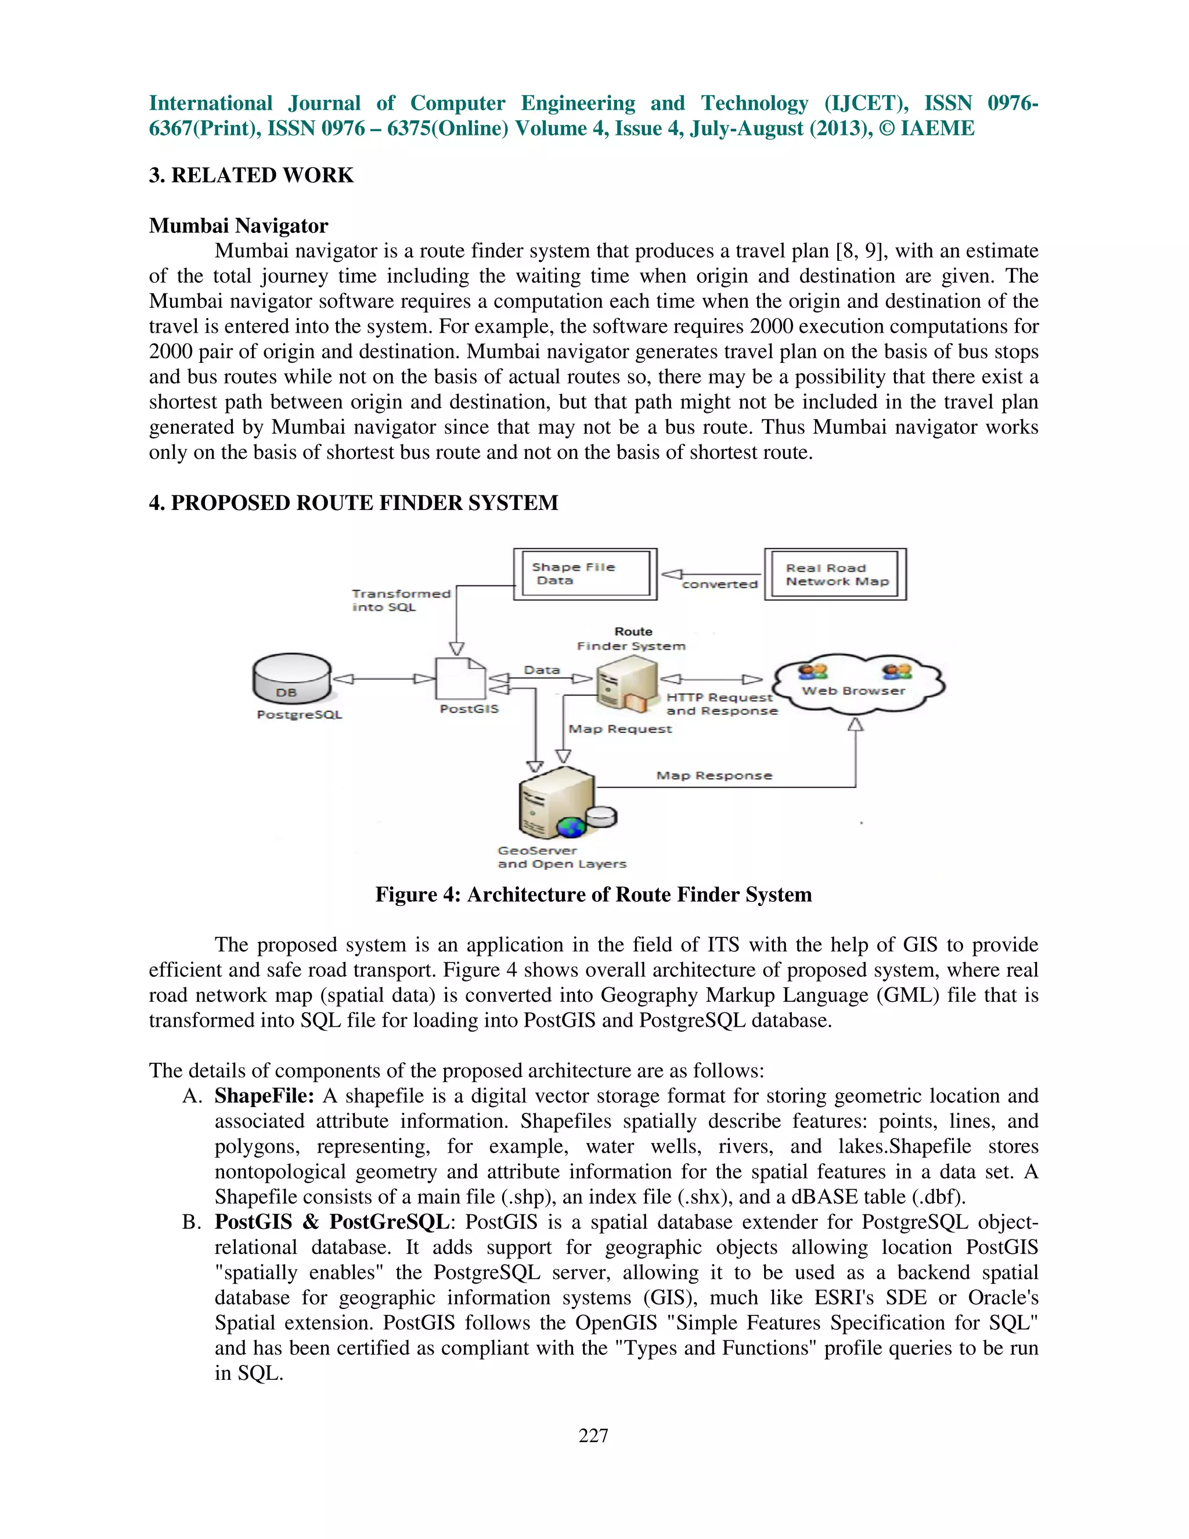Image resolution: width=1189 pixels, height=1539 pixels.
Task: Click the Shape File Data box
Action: coord(585,574)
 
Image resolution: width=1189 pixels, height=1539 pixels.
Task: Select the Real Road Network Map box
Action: coord(835,574)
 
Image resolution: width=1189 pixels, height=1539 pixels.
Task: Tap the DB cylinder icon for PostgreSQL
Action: coord(291,678)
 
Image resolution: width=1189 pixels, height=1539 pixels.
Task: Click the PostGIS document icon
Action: coord(460,678)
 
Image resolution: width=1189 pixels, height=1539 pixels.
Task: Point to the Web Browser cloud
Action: coord(856,684)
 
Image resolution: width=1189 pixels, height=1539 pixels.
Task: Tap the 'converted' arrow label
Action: coord(719,584)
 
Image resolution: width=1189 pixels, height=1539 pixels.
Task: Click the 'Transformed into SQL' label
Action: coord(400,601)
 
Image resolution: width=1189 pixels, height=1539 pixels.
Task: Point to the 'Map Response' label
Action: coord(714,775)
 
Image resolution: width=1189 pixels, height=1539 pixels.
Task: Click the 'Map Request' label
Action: coord(620,729)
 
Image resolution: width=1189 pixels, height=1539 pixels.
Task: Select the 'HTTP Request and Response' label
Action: coord(720,704)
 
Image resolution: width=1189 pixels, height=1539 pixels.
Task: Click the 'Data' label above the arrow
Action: coord(542,670)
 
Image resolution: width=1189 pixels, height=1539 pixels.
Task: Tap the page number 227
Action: coord(593,1436)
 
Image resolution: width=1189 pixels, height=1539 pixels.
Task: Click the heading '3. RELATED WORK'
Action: coord(251,175)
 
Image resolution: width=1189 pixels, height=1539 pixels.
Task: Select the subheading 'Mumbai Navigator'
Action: coord(238,225)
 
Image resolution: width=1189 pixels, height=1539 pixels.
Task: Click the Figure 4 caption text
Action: coord(593,894)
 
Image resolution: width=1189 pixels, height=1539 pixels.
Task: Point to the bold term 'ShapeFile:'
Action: coord(264,1096)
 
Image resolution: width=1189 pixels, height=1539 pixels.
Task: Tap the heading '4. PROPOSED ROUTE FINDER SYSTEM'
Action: coord(353,502)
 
